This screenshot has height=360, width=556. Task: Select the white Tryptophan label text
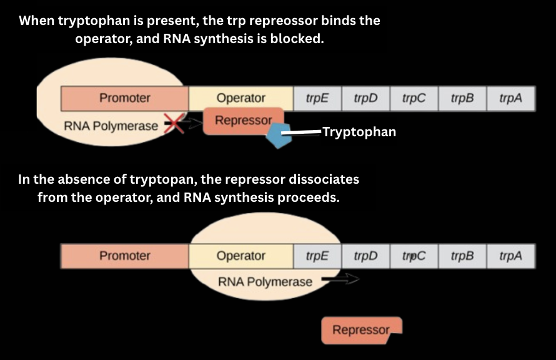[359, 132]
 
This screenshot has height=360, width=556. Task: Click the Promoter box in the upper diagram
[125, 98]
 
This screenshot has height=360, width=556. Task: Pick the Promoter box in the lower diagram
[125, 256]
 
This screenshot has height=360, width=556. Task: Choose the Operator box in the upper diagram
[241, 98]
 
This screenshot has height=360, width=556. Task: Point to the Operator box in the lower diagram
[241, 256]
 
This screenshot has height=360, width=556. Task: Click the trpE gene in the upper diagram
[317, 98]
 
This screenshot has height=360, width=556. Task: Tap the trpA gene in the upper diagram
[510, 98]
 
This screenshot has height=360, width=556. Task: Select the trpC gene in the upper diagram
[414, 98]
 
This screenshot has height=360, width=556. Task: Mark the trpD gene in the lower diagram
[365, 256]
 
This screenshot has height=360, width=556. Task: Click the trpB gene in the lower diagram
[462, 256]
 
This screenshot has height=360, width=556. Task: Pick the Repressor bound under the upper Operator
[243, 121]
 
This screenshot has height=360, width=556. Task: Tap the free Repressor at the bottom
[360, 330]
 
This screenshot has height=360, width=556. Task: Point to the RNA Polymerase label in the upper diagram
[111, 126]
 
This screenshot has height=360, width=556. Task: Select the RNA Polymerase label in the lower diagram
[264, 282]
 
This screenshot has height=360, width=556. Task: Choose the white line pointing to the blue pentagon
[301, 132]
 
